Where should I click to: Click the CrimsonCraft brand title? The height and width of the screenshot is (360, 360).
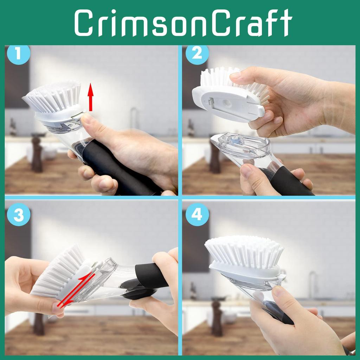[x=183, y=23]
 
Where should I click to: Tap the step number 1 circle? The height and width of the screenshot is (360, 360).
[x=18, y=54]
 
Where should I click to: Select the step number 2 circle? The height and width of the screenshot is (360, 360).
[x=197, y=54]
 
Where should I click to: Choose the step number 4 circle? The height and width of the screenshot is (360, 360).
[x=197, y=214]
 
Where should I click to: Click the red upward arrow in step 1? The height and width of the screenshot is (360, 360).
[x=91, y=96]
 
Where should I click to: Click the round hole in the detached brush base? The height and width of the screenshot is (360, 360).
[x=227, y=103]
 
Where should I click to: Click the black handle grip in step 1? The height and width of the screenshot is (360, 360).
[x=109, y=165]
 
